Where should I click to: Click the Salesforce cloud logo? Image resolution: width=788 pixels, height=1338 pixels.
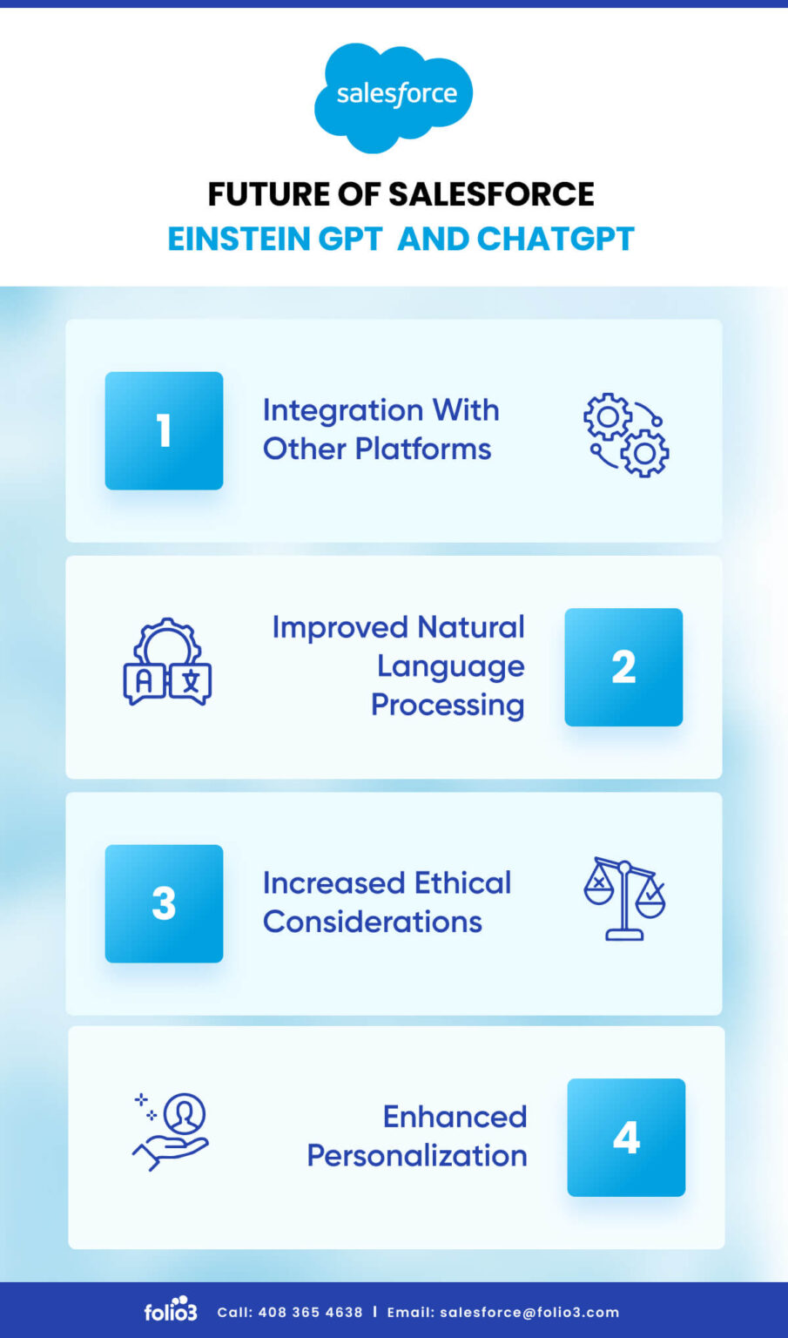click(x=394, y=96)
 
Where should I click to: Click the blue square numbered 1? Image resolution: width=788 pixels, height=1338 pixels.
click(x=164, y=430)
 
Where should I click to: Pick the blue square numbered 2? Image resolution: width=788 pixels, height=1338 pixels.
click(x=623, y=667)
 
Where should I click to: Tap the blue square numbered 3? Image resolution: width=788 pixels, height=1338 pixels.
click(x=164, y=903)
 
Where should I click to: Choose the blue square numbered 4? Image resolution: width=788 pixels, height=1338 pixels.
click(x=626, y=1138)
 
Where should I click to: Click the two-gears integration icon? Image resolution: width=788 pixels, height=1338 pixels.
click(x=626, y=435)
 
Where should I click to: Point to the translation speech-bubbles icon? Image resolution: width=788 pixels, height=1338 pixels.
click(x=167, y=663)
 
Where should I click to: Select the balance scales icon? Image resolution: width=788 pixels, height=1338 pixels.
click(x=624, y=898)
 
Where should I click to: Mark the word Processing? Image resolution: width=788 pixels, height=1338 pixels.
click(x=448, y=705)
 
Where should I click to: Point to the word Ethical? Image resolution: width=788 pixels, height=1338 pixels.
click(x=462, y=883)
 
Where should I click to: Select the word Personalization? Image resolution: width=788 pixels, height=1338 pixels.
click(x=417, y=1156)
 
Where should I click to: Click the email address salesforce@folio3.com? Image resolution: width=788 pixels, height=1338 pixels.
click(x=529, y=1313)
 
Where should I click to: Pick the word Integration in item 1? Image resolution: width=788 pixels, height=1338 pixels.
click(x=344, y=410)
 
